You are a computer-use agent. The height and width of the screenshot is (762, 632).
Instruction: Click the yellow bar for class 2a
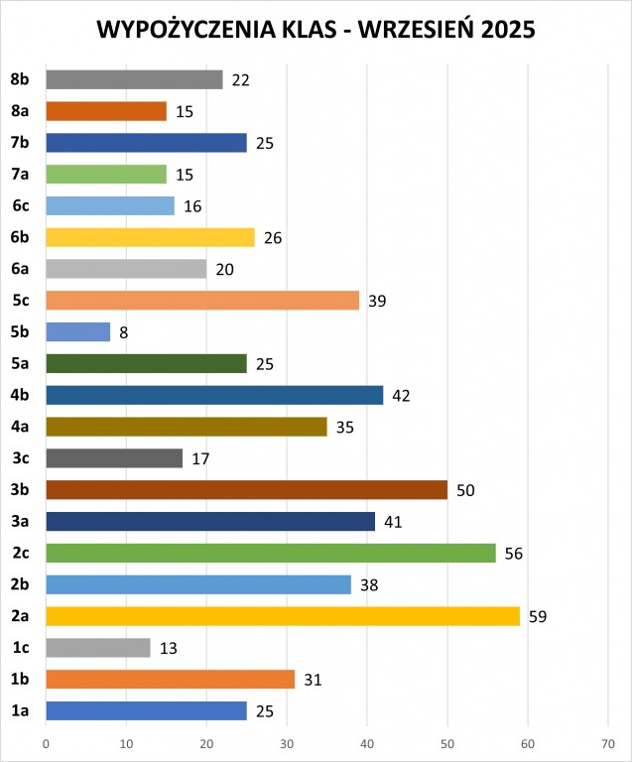pos(283,616)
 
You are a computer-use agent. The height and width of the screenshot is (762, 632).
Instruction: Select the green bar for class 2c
pos(270,553)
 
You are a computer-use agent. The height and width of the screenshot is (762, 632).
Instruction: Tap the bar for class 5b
pos(77,332)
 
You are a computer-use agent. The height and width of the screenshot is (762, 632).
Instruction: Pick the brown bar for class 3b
pos(246,490)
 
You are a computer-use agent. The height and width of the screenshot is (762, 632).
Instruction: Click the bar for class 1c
pos(97,648)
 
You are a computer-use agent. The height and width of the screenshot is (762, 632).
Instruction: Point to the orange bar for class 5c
pos(202,301)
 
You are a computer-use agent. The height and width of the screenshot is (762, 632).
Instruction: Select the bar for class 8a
pos(106,111)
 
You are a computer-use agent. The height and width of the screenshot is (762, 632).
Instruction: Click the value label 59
pos(538,616)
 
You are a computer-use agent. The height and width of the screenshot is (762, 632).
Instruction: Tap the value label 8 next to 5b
pos(123,332)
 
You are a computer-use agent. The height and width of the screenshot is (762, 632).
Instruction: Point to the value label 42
pos(401,396)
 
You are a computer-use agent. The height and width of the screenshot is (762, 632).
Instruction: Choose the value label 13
pos(168,648)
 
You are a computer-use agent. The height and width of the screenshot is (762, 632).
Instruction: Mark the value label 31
pos(313,680)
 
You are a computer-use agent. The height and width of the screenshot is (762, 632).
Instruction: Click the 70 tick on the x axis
pos(608,742)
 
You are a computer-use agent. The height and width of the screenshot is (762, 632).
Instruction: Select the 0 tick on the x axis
pos(46,742)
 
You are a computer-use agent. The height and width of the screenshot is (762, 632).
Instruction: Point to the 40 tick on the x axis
pos(367,742)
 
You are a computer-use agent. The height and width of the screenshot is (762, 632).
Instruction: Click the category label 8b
pos(20,79)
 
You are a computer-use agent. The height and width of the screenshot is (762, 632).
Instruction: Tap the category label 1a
pos(20,711)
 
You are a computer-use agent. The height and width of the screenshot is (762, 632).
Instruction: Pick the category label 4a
pos(20,427)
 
